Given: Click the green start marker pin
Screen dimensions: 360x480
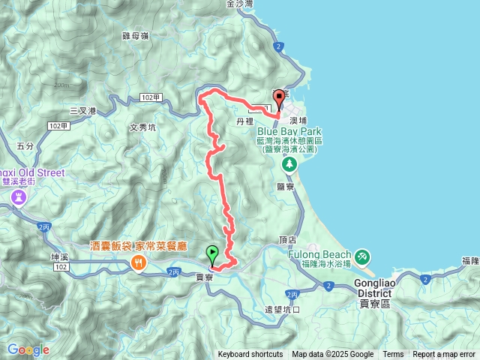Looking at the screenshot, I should [x=212, y=255].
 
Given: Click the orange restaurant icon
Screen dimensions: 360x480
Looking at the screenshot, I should [x=138, y=262].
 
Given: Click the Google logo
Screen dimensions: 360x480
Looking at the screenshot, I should [x=28, y=349].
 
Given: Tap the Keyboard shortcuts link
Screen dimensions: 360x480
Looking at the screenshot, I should [x=250, y=355].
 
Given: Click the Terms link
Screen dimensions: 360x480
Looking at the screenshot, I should [x=393, y=355].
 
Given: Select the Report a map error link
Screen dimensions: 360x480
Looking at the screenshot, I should [x=445, y=355].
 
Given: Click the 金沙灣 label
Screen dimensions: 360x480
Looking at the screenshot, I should [x=240, y=4].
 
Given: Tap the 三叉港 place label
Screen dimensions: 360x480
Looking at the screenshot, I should [x=83, y=110].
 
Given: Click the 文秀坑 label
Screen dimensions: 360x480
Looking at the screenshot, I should [x=142, y=127].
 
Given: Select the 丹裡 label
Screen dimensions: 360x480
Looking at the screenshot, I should [x=245, y=120].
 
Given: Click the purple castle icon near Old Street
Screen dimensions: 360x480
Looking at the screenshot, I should [x=17, y=197].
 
